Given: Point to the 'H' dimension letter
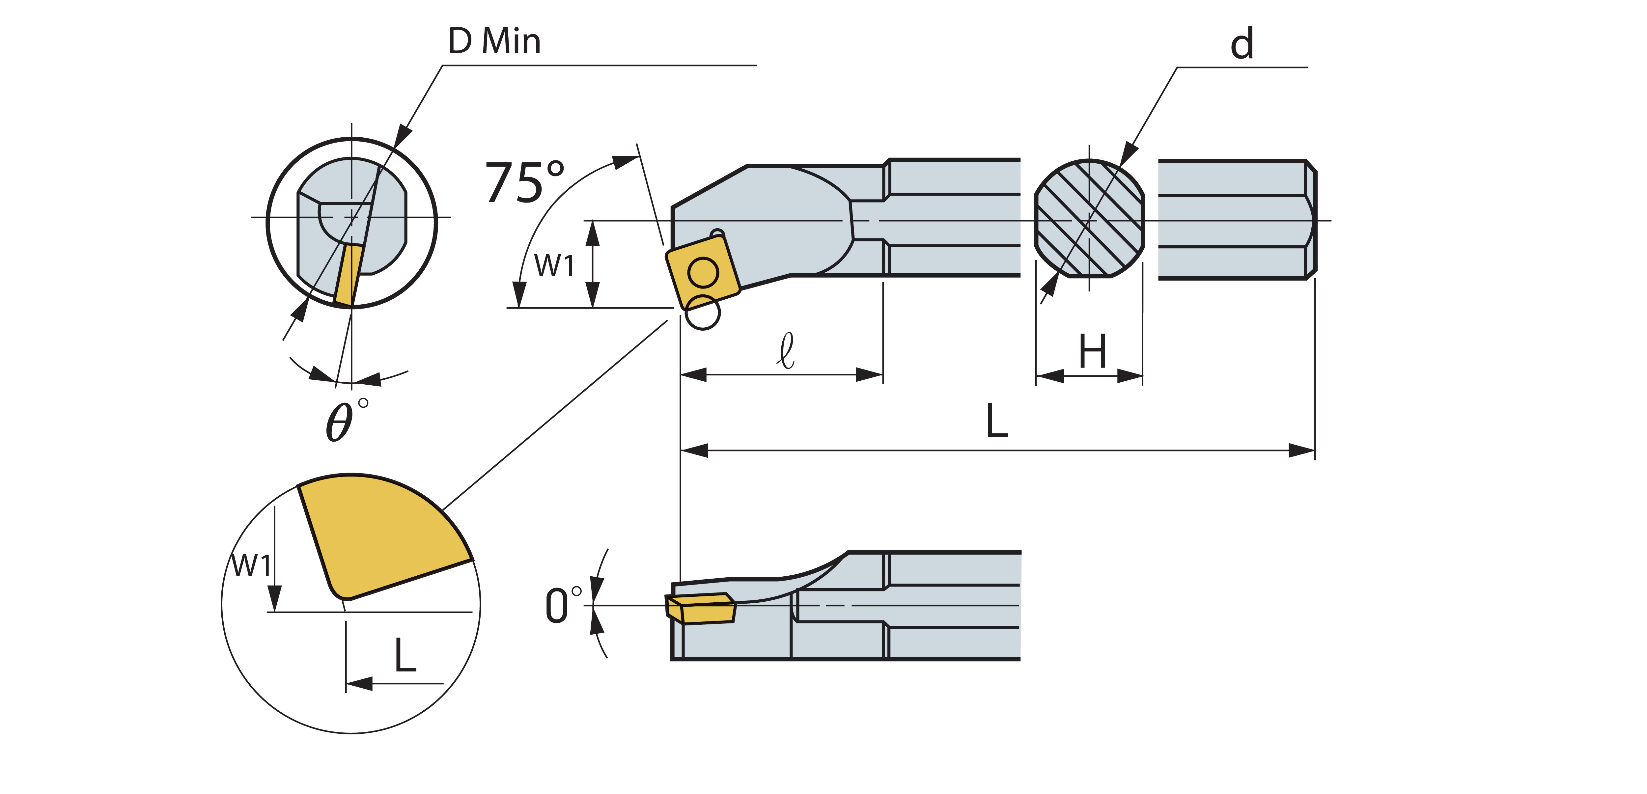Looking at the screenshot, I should point(1092,352).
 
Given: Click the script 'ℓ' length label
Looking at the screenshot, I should point(786,350).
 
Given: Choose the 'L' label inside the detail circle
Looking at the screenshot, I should point(405,655).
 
